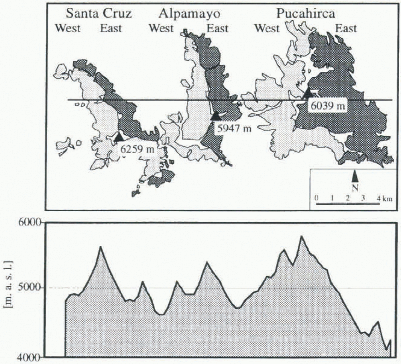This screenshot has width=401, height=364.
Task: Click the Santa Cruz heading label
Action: (99, 13)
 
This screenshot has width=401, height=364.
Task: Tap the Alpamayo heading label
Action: (190, 13)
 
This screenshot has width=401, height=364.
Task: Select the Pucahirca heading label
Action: (306, 13)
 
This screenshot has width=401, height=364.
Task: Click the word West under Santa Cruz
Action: (68, 28)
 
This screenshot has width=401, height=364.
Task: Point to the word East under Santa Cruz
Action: (111, 28)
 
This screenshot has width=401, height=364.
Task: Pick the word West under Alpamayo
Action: (161, 28)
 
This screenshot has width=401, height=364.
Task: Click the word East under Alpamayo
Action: (218, 28)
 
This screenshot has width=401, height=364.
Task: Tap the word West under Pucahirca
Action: (267, 28)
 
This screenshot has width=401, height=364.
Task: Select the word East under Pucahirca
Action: (346, 28)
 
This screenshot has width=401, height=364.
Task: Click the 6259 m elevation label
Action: (137, 149)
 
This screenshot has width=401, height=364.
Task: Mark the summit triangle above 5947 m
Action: (216, 115)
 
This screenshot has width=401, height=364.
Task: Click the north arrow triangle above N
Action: (355, 176)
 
